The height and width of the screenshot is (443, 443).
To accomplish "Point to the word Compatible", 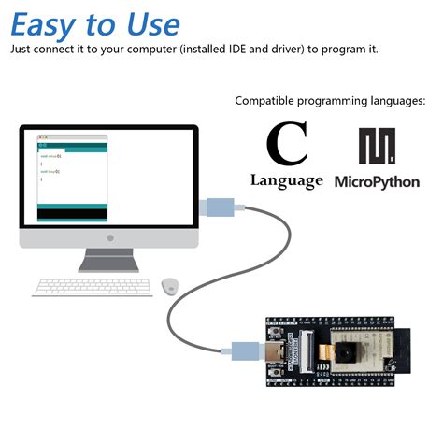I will pyautogui.click(x=265, y=100).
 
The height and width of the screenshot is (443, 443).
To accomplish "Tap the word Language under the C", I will pyautogui.click(x=287, y=180).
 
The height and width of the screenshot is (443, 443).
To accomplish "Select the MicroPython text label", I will pyautogui.click(x=377, y=181).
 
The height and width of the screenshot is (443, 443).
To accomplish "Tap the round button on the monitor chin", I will pyautogui.click(x=109, y=239).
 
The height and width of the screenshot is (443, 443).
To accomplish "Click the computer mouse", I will pyautogui.click(x=169, y=284).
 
